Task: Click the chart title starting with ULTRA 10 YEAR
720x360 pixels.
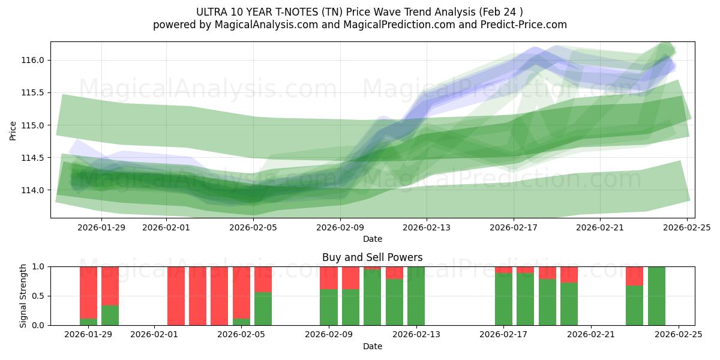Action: point(359,12)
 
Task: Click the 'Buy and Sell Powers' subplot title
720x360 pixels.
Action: point(372,257)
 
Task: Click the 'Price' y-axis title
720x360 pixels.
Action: point(13,130)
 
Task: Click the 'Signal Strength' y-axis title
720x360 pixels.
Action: point(23,296)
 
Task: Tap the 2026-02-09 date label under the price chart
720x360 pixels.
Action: point(340,227)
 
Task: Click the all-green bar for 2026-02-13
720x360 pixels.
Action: point(416,296)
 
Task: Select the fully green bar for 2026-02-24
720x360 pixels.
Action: point(656,296)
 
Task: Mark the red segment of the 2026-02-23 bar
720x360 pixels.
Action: point(634,276)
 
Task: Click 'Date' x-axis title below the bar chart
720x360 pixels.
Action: point(372,346)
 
